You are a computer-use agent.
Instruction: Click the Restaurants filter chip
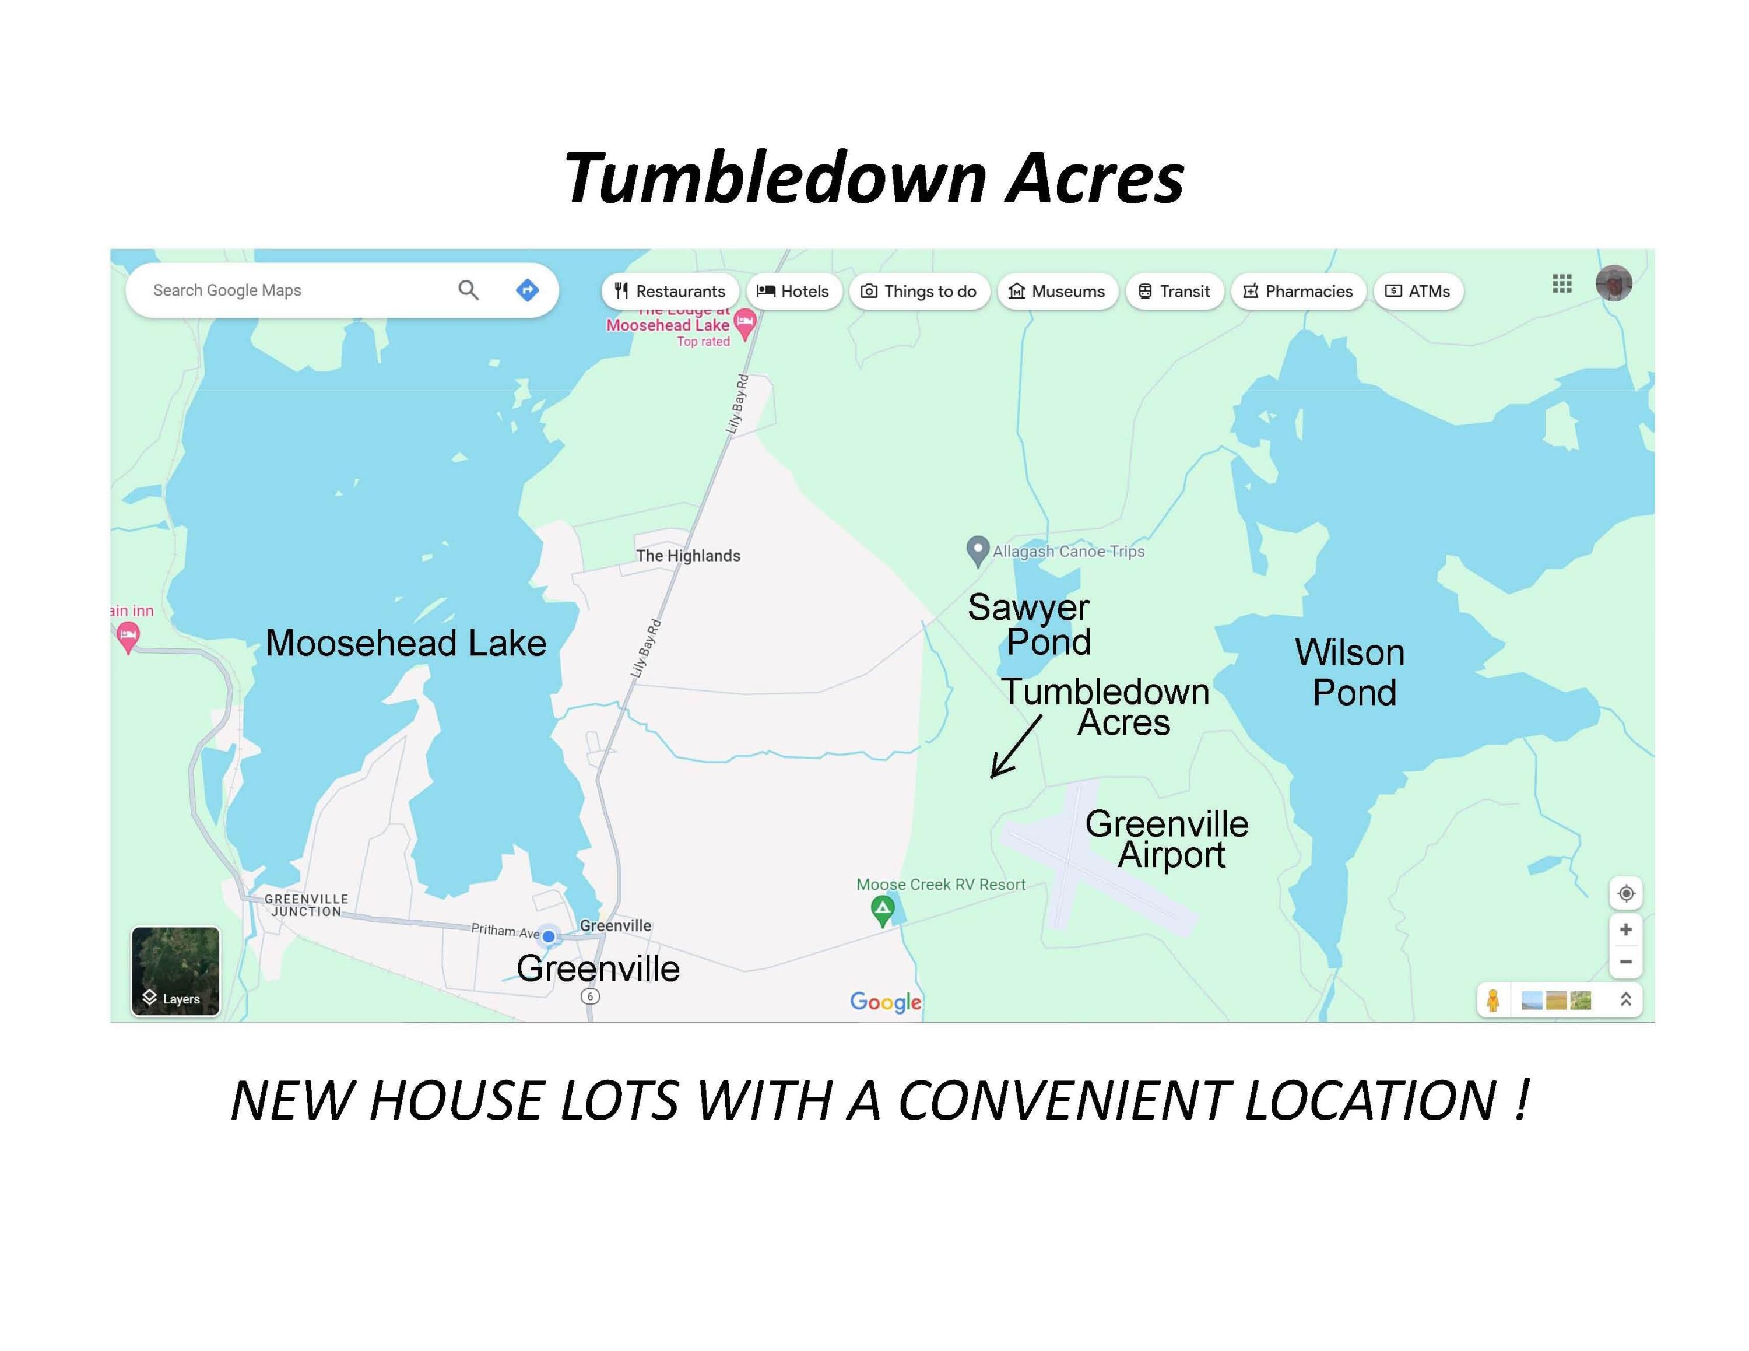pos(669,291)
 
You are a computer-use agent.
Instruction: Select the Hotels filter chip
pos(793,291)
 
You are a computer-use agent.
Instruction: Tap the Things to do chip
pos(919,291)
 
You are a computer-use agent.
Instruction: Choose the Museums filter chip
pos(1056,291)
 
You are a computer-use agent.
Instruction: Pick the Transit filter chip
pos(1174,291)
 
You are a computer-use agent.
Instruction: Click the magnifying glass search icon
pos(469,290)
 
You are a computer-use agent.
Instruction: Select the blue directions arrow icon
pos(527,290)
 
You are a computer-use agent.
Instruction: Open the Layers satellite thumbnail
pos(175,971)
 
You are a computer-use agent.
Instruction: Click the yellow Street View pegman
pos(1492,1000)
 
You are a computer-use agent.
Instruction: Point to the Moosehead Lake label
pos(405,643)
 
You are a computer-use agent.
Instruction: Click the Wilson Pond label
pos(1351,672)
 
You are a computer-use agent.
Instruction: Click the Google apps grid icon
pos(1562,283)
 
